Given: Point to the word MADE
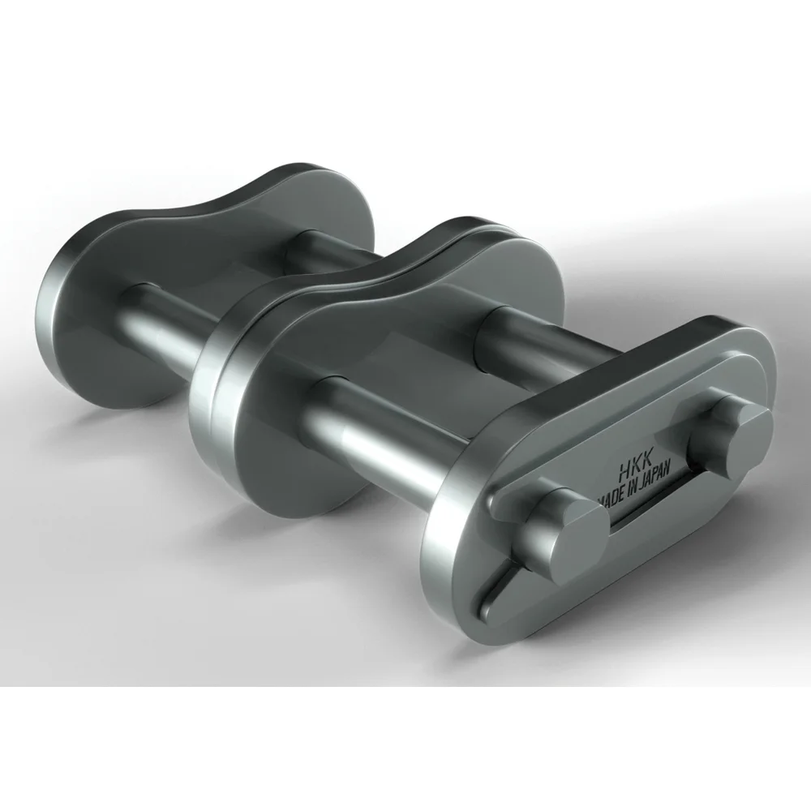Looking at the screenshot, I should click(x=609, y=496).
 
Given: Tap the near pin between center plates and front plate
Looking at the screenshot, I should click(x=381, y=430).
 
